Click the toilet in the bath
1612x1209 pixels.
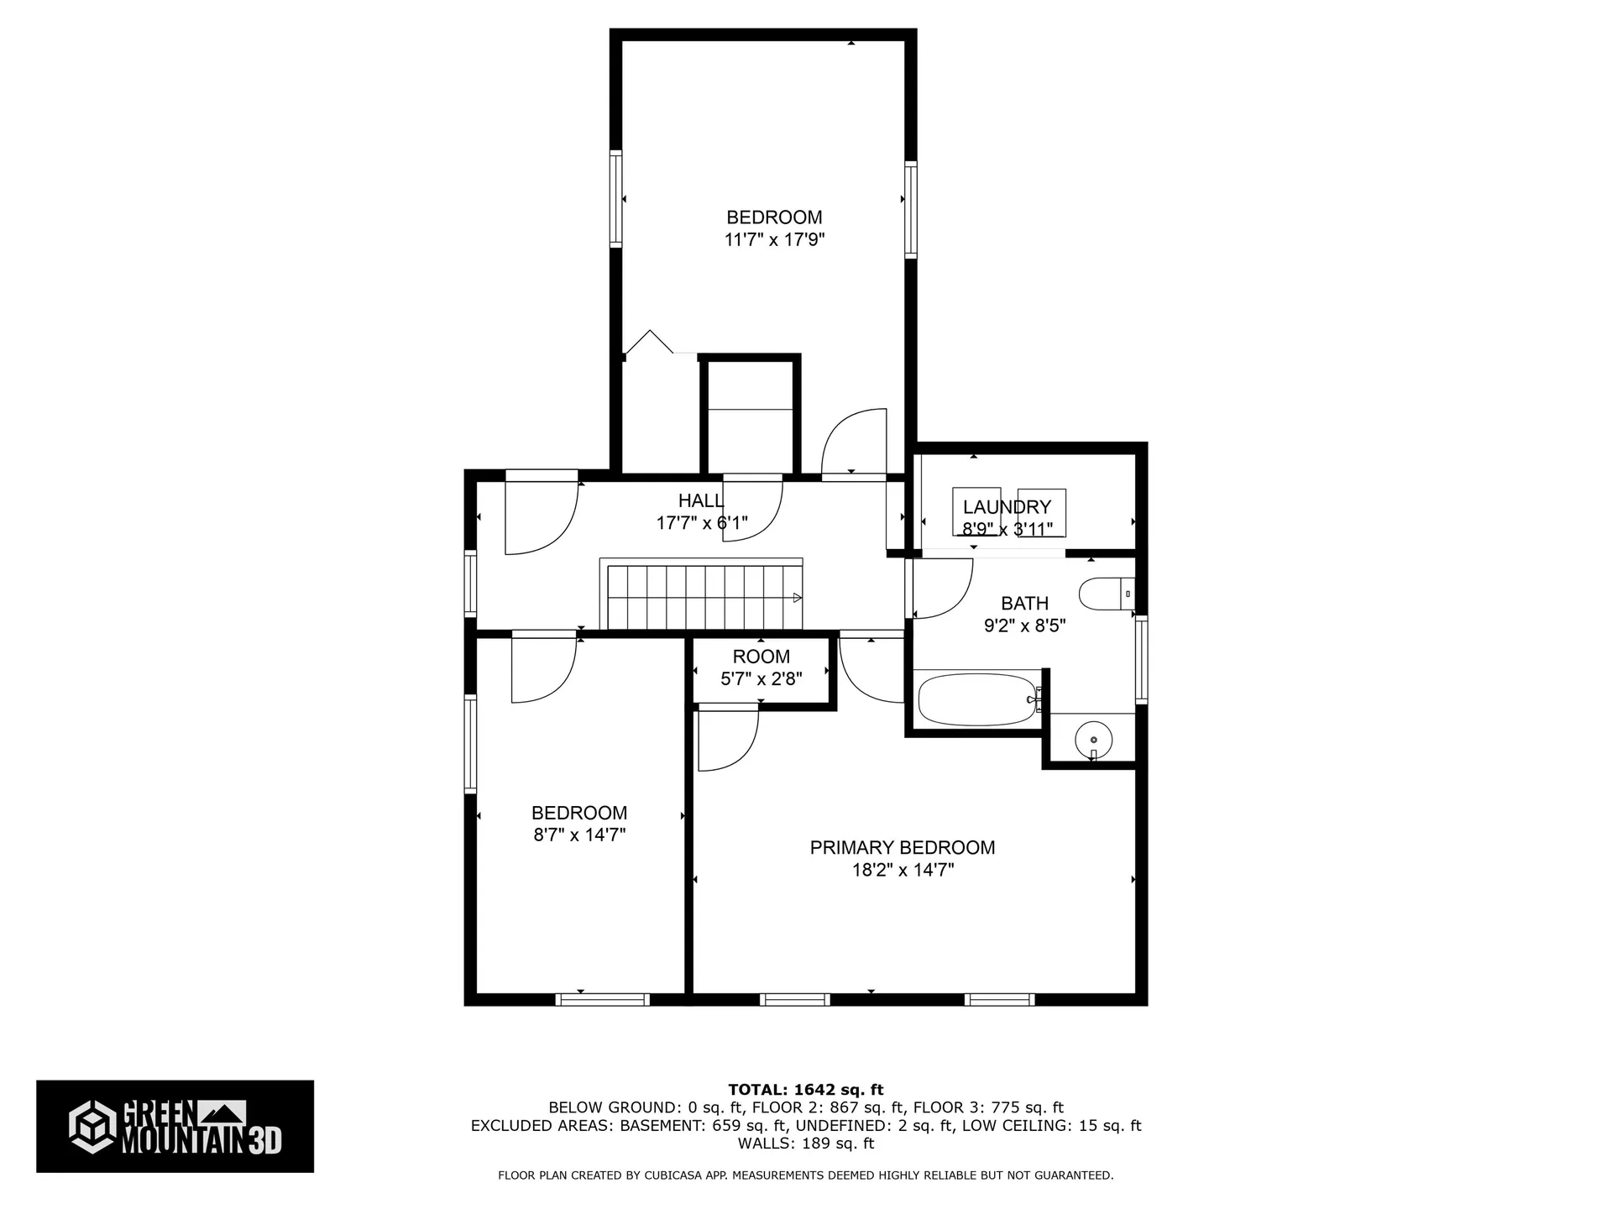click(x=1107, y=594)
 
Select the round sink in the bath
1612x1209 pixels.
click(x=1094, y=740)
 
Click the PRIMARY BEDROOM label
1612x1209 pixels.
click(x=903, y=848)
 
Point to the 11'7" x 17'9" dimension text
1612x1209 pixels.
click(x=775, y=240)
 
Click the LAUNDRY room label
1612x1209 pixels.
click(x=1007, y=507)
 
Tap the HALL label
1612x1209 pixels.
click(x=701, y=501)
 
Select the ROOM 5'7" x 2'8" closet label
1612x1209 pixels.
click(x=762, y=667)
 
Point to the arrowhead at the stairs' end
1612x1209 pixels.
click(x=798, y=598)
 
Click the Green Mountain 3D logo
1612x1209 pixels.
click(x=175, y=1126)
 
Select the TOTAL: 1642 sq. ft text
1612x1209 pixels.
click(x=806, y=1090)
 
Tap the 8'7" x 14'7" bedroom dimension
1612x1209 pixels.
click(x=579, y=835)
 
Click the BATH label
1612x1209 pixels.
click(x=1025, y=604)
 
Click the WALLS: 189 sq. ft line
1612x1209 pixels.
click(x=806, y=1144)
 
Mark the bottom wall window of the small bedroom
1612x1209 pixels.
click(x=602, y=999)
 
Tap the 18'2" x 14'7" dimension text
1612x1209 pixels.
click(x=903, y=871)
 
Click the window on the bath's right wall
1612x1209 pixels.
click(x=1141, y=658)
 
